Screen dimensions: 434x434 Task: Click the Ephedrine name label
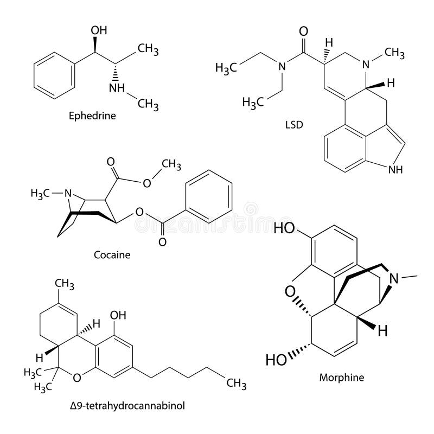click(x=92, y=116)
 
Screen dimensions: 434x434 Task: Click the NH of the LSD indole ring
click(x=394, y=170)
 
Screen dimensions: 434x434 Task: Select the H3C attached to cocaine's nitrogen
click(x=43, y=193)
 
